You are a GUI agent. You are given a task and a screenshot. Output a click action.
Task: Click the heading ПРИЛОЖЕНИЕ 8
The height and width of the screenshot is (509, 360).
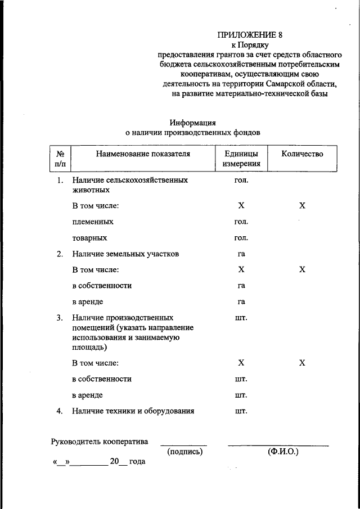tap(249, 35)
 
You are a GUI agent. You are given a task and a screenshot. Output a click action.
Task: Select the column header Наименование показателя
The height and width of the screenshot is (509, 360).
tap(143, 154)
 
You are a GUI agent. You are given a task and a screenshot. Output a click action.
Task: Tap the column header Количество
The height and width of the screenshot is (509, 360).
tap(302, 154)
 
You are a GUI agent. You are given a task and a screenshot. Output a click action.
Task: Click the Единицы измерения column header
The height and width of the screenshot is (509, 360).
tap(241, 159)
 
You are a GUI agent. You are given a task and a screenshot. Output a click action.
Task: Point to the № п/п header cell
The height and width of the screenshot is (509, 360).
tap(60, 159)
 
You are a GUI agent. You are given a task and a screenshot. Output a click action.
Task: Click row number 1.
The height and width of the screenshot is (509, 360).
tap(60, 181)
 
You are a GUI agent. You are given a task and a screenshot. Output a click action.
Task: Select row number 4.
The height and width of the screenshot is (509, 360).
tap(60, 411)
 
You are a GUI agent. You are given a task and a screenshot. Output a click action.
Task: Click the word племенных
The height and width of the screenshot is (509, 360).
tap(93, 222)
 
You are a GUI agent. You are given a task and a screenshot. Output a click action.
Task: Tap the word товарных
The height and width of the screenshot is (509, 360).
tap(89, 238)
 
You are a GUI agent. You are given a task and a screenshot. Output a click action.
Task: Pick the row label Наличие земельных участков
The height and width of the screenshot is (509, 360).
tap(125, 254)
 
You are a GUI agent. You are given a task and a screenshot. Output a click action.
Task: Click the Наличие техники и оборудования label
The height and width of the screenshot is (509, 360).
tap(133, 411)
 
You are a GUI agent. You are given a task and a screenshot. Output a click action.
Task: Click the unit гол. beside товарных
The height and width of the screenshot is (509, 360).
tap(241, 238)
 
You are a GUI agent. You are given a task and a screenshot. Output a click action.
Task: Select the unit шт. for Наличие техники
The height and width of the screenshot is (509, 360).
tap(241, 411)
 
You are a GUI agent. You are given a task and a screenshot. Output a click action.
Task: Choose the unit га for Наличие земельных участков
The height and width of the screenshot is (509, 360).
tap(241, 254)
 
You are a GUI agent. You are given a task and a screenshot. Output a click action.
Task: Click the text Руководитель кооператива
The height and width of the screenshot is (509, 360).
tap(100, 442)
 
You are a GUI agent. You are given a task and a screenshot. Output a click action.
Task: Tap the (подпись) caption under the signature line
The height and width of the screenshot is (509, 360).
tap(184, 452)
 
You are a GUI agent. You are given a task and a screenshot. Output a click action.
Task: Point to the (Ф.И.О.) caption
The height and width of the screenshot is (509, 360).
tap(283, 452)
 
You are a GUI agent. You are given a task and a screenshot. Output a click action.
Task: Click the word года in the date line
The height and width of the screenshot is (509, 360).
tap(137, 462)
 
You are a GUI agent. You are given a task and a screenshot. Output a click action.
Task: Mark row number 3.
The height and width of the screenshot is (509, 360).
tap(60, 318)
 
